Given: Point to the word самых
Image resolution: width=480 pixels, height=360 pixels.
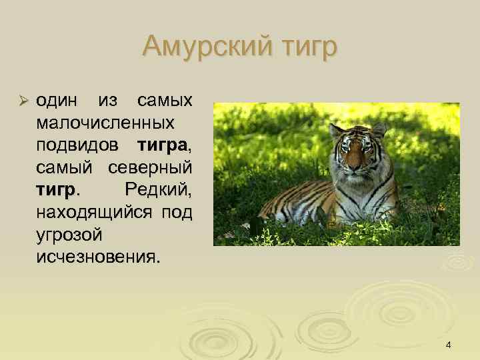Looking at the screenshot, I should (164, 101).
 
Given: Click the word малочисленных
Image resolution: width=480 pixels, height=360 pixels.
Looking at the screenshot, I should (106, 123).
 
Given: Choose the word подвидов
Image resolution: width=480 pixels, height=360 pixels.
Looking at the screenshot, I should (81, 145).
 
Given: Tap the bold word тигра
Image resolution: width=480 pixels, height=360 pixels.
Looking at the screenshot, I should (165, 145).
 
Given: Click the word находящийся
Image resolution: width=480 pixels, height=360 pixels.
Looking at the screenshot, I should (93, 213).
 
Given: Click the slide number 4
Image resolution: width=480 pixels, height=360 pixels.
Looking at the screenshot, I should (448, 345).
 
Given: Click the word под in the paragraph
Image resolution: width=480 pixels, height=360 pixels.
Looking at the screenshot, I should (178, 213).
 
